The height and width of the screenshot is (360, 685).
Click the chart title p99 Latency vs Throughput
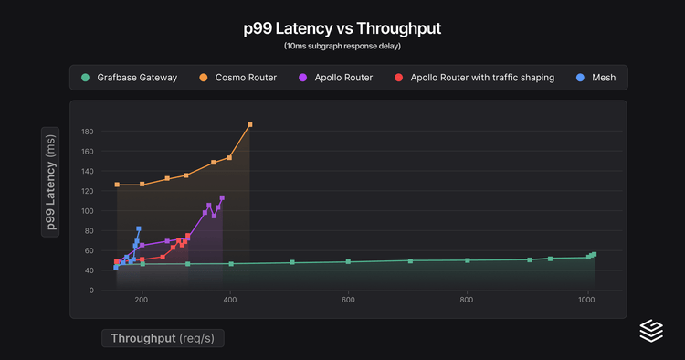click(x=342, y=28)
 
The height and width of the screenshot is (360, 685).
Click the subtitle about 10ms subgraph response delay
click(x=342, y=46)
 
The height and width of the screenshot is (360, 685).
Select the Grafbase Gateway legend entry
click(x=129, y=78)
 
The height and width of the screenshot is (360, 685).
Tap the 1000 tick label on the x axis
click(x=586, y=301)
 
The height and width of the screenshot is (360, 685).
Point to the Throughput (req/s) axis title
click(x=163, y=338)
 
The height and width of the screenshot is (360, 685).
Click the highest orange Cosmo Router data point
click(x=250, y=124)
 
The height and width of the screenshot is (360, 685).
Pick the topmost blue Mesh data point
click(x=139, y=228)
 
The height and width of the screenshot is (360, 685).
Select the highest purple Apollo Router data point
click(x=222, y=197)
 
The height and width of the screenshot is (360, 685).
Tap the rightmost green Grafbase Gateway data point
click(x=594, y=254)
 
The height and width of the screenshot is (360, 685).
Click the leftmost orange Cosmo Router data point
click(x=117, y=185)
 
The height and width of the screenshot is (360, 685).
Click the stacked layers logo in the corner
click(x=651, y=331)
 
